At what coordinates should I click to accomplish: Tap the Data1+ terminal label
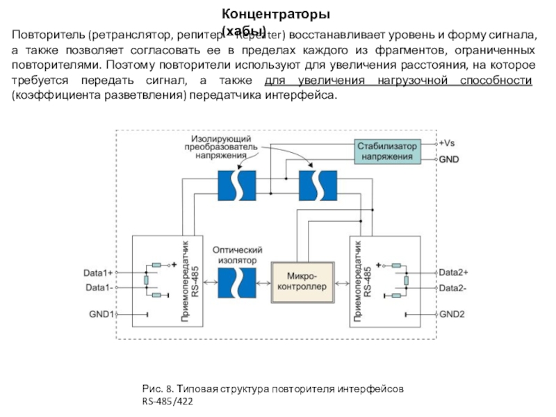(98, 272)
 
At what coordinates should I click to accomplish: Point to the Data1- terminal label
(98, 287)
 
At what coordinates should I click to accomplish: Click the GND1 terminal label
(101, 314)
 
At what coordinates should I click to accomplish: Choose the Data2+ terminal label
(454, 272)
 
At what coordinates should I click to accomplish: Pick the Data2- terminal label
(453, 287)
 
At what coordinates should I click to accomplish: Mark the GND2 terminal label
(452, 314)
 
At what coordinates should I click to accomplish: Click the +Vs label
(447, 142)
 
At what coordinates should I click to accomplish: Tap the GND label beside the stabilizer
(448, 158)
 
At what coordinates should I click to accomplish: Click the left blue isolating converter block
(236, 185)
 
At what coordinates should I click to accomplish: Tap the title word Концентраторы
(276, 14)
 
